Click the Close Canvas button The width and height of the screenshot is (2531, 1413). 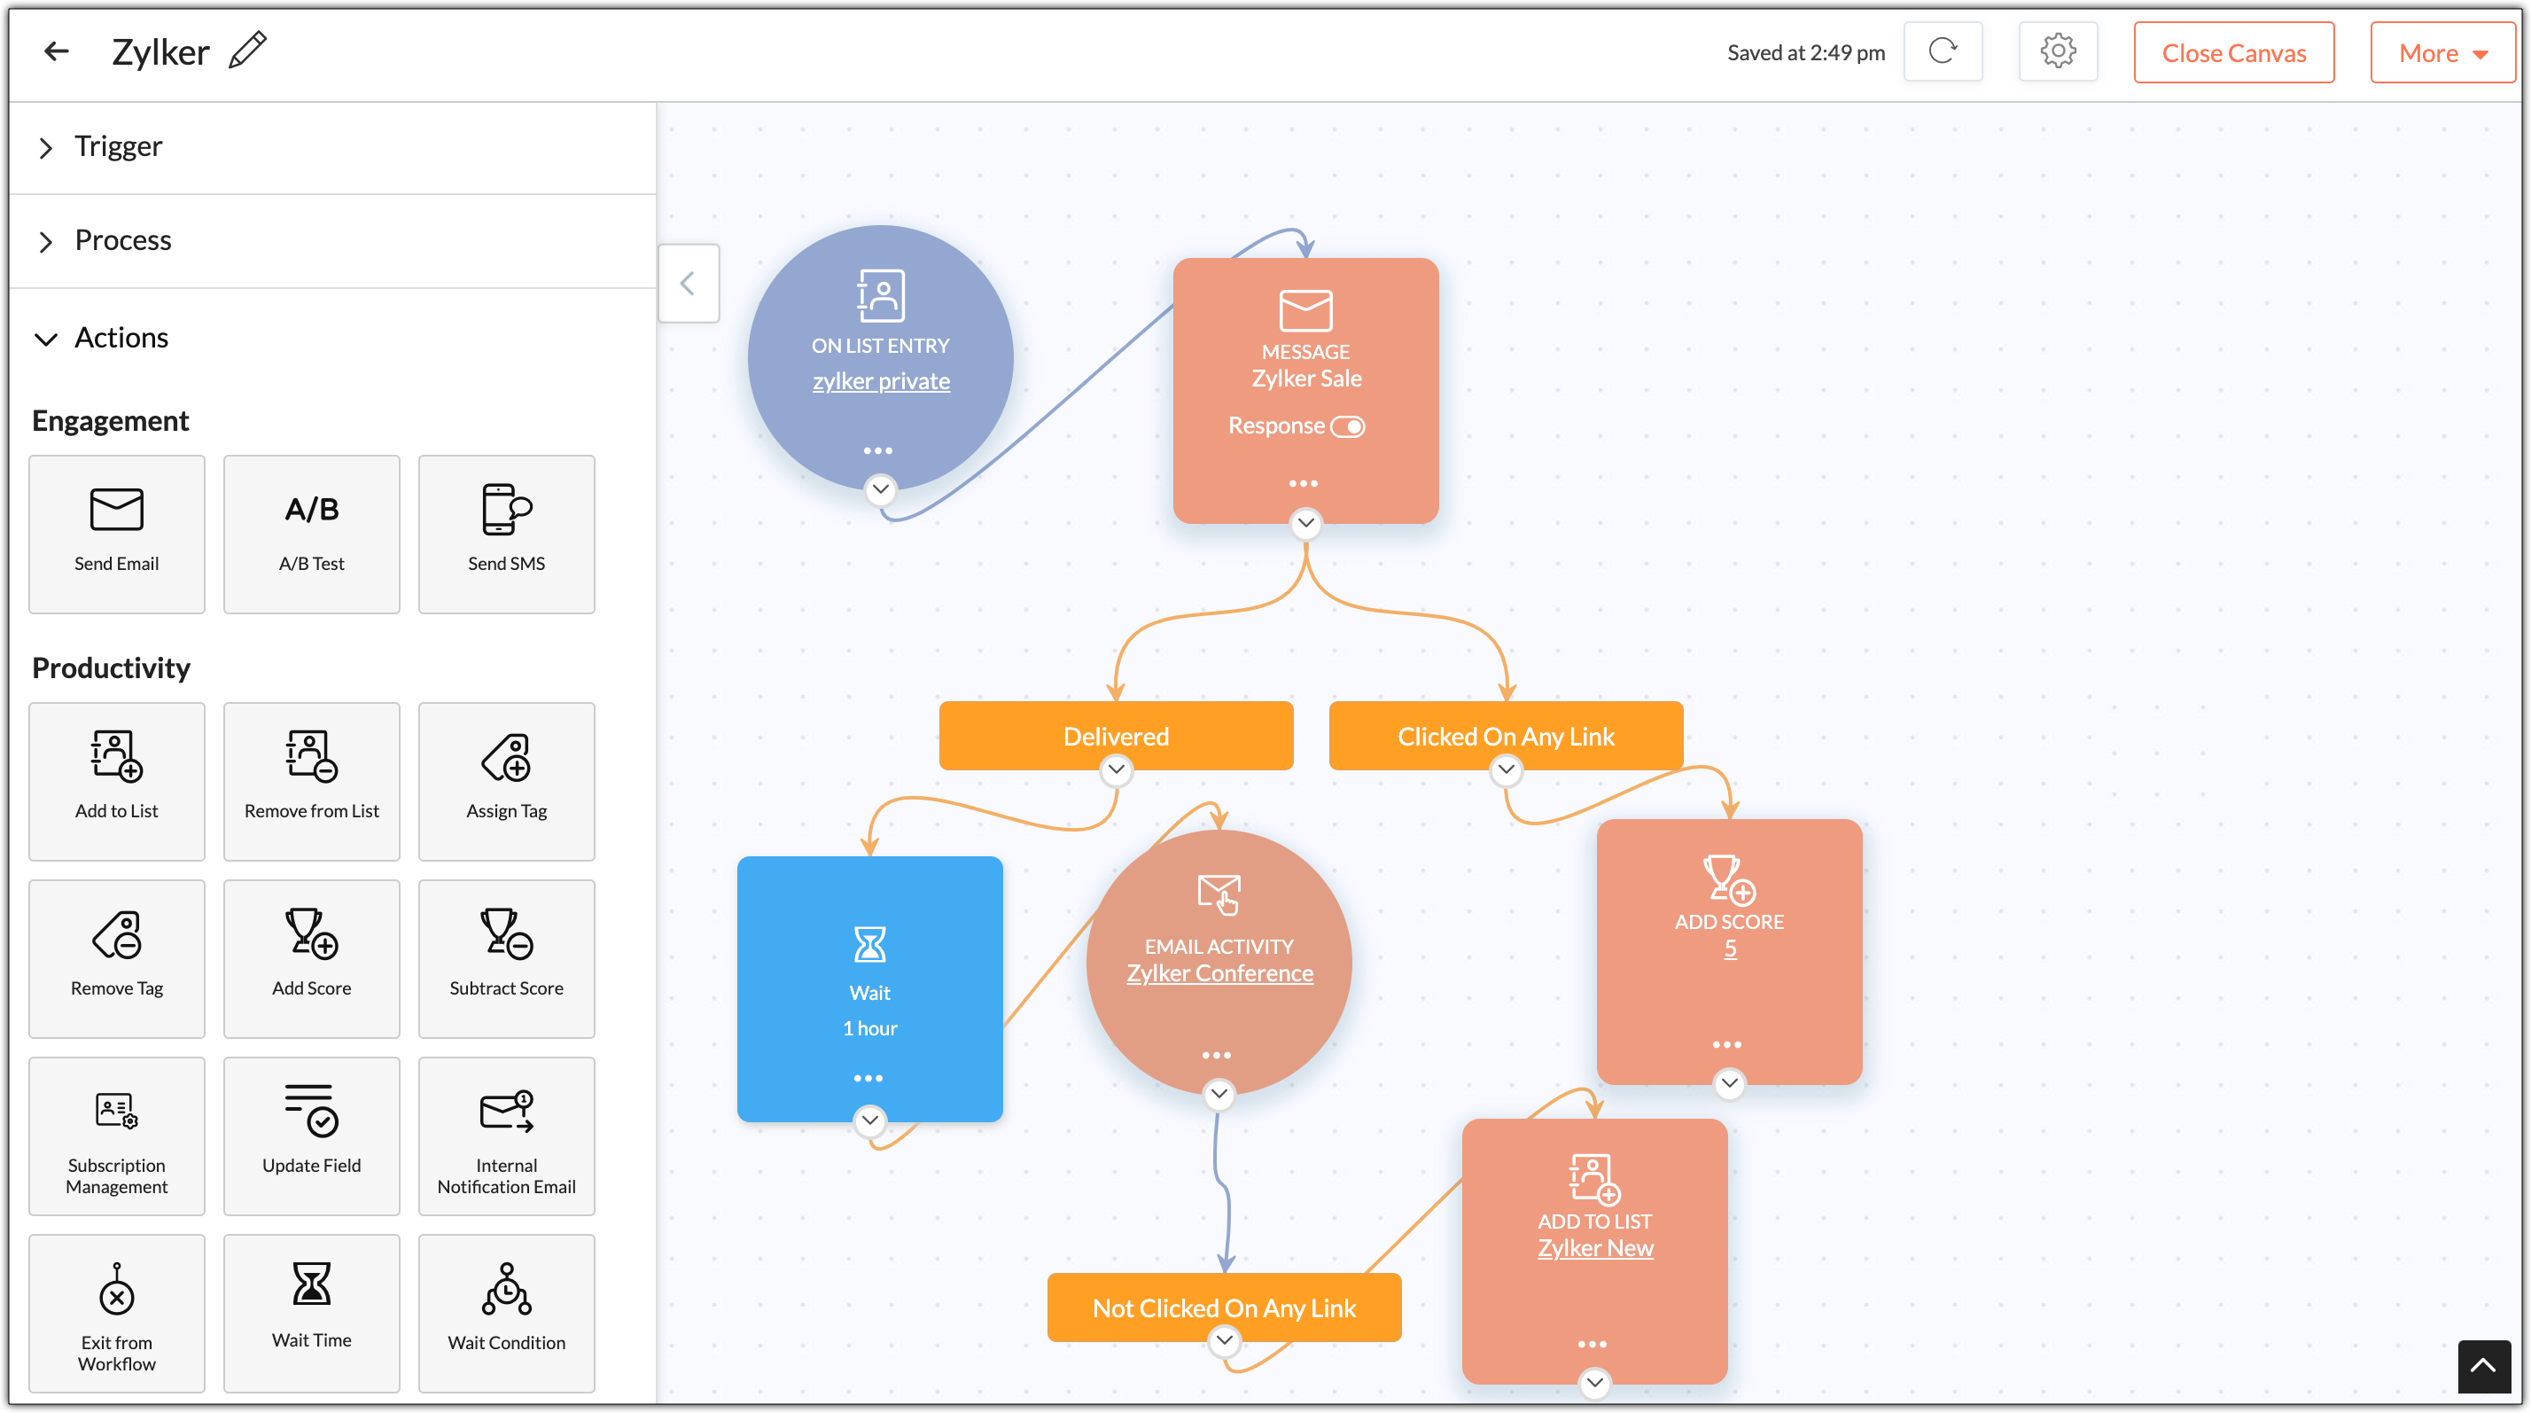coord(2232,53)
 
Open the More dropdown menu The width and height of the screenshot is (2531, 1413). coord(2441,53)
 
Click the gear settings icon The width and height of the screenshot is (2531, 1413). coord(2058,51)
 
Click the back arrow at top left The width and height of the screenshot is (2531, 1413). coord(57,51)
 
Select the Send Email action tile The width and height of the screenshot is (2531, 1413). coord(117,535)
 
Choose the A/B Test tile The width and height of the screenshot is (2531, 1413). coord(311,535)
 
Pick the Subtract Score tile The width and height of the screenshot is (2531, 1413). coord(506,959)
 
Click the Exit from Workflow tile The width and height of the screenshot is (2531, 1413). coord(117,1314)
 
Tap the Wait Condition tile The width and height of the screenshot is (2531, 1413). coord(506,1314)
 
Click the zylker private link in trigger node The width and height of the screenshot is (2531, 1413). coord(880,381)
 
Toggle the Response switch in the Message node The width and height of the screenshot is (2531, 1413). coord(1347,426)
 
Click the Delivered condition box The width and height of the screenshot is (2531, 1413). coord(1116,736)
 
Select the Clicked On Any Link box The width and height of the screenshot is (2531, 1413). coord(1506,736)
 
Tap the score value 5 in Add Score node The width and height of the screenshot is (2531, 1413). coord(1730,949)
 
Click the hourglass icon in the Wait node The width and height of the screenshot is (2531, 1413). coord(869,944)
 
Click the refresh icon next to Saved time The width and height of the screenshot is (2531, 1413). coord(1943,51)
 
